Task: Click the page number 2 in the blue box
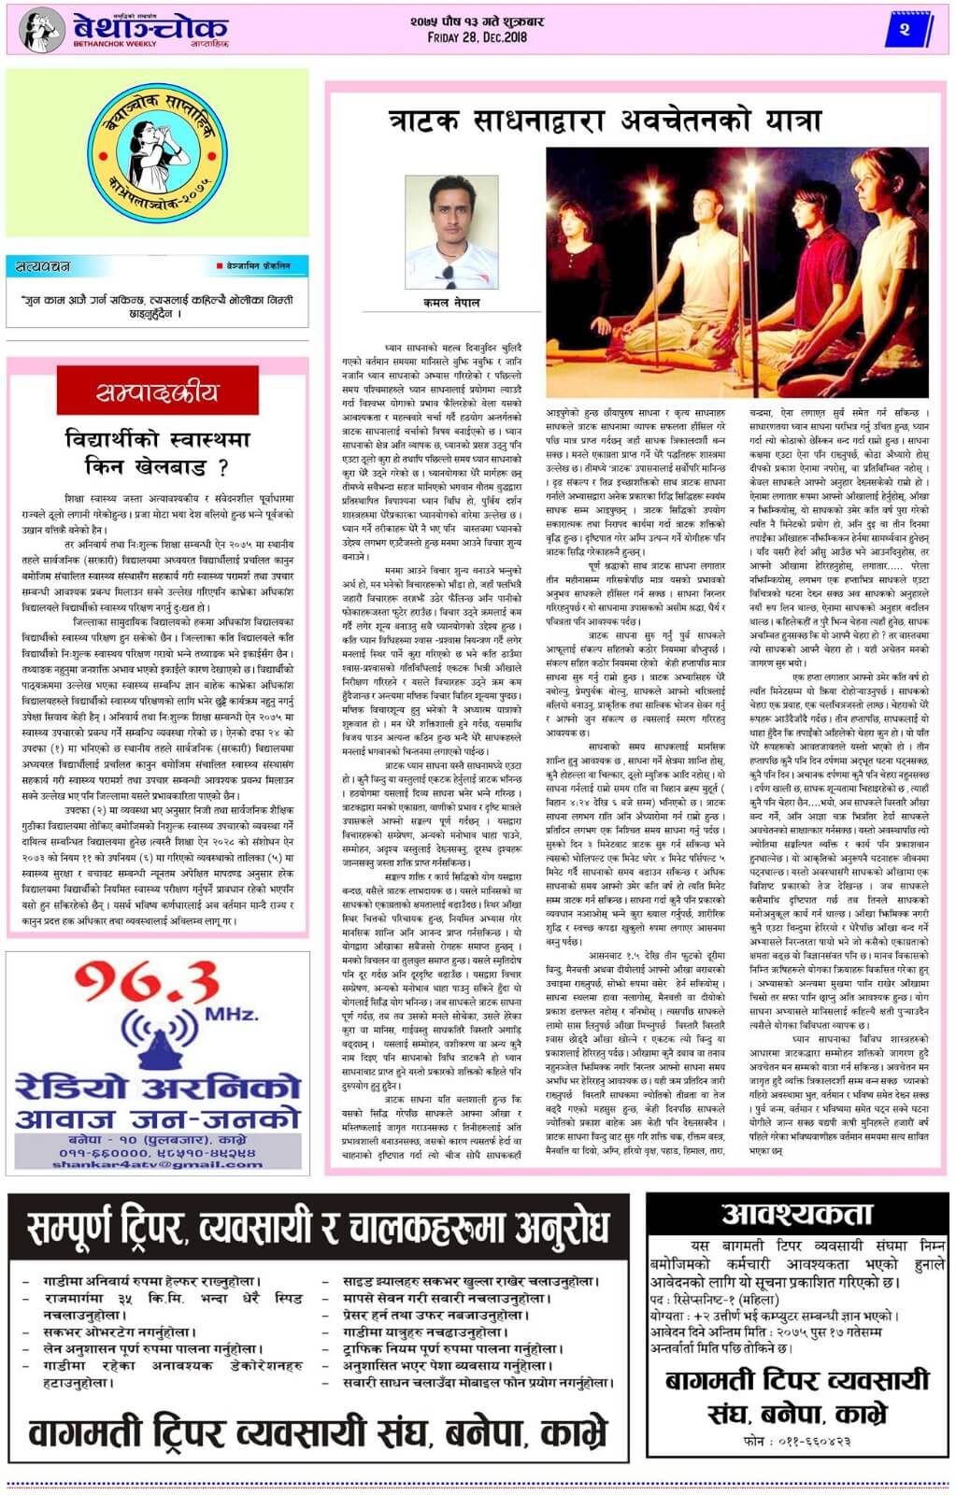click(x=904, y=31)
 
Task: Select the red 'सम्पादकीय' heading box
click(x=157, y=392)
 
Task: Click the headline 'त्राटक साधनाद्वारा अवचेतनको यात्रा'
click(x=606, y=121)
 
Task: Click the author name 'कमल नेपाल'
click(x=450, y=303)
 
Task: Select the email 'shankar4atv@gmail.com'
click(x=157, y=1164)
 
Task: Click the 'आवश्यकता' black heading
click(x=797, y=1215)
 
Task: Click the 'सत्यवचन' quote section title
click(x=43, y=267)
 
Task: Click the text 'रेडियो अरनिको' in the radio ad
click(x=157, y=1087)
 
